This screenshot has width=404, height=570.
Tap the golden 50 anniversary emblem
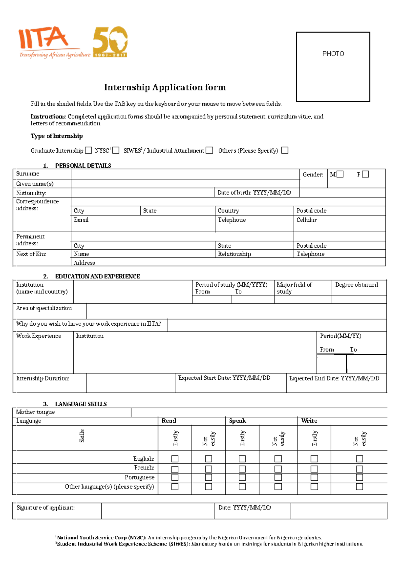click(x=110, y=42)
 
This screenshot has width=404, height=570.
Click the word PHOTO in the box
click(x=333, y=54)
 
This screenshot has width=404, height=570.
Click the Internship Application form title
click(x=165, y=87)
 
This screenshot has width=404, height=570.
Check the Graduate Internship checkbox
click(x=89, y=150)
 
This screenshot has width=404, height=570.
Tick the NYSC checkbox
click(x=116, y=150)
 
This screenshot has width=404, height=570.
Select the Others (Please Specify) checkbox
click(x=285, y=150)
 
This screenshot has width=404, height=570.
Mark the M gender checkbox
click(x=340, y=174)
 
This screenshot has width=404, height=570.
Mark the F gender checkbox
click(x=366, y=174)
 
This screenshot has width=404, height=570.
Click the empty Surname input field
click(x=185, y=174)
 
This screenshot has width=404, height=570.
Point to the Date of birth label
click(x=254, y=193)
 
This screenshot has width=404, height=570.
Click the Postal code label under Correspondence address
click(x=311, y=211)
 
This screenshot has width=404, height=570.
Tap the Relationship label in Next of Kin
click(x=234, y=254)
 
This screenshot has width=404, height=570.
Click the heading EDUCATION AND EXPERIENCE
click(x=97, y=276)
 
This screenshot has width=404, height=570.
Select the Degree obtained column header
click(x=357, y=285)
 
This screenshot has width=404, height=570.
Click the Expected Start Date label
click(x=224, y=378)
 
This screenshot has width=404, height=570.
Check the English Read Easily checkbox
click(x=175, y=459)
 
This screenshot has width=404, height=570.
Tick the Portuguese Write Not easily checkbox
click(x=360, y=477)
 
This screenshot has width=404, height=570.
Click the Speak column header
click(x=237, y=421)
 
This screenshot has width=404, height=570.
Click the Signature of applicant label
click(x=45, y=507)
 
